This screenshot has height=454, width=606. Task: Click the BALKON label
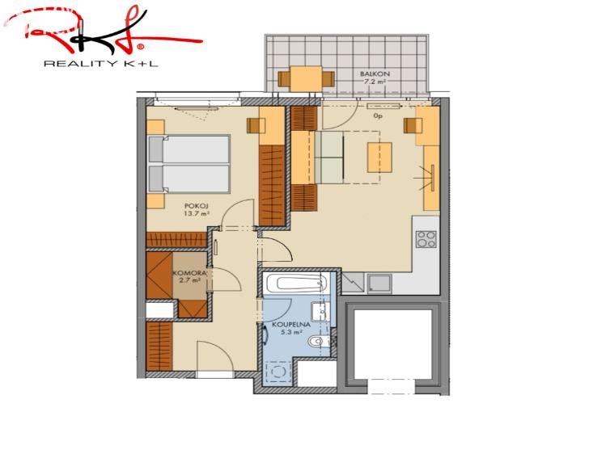tap(375, 74)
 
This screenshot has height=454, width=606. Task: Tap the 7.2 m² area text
tap(375, 82)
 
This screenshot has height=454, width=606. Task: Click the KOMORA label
tap(192, 274)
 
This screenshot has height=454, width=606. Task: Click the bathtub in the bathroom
tap(295, 283)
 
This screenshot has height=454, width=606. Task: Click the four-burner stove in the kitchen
tap(426, 238)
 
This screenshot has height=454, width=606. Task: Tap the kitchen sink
tap(379, 283)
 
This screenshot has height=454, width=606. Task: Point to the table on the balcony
tap(306, 78)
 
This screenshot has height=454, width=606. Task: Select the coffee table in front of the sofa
tap(379, 157)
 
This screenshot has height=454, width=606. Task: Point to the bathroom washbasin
tap(320, 311)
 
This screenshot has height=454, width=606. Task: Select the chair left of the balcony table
tap(284, 78)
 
